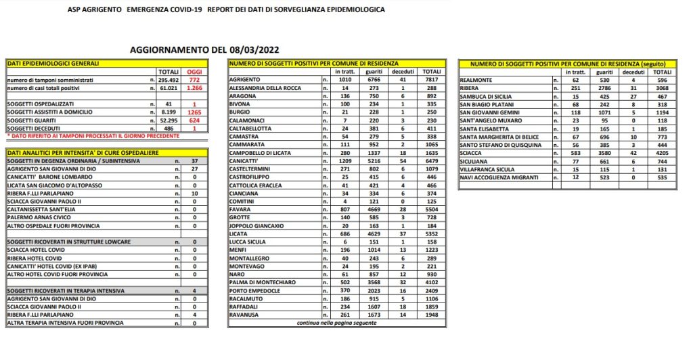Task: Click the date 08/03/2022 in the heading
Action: pos(252,49)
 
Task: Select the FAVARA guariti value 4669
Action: pos(374,210)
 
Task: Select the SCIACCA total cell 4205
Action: pos(663,153)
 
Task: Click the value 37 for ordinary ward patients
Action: pos(195,161)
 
